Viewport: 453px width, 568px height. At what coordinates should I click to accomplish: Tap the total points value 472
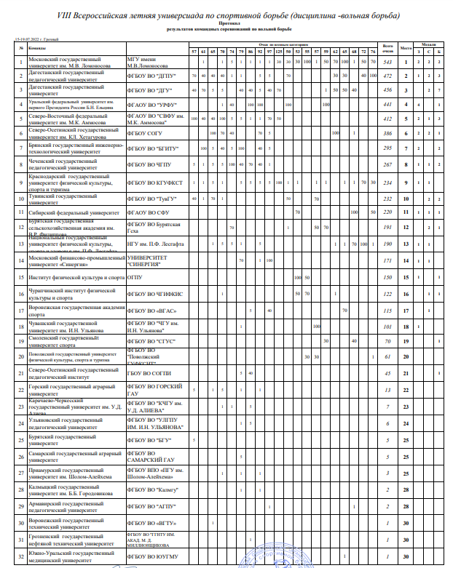[389, 76]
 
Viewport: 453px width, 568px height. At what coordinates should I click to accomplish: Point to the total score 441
[389, 105]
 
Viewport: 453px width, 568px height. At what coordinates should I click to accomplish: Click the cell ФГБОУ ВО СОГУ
[146, 134]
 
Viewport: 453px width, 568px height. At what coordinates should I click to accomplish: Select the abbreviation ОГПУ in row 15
[134, 278]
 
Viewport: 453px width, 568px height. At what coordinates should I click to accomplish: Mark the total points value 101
[389, 327]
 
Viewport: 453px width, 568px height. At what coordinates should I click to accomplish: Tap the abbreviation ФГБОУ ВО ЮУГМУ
[150, 557]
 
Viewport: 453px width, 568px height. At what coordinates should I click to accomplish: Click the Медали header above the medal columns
[430, 44]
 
